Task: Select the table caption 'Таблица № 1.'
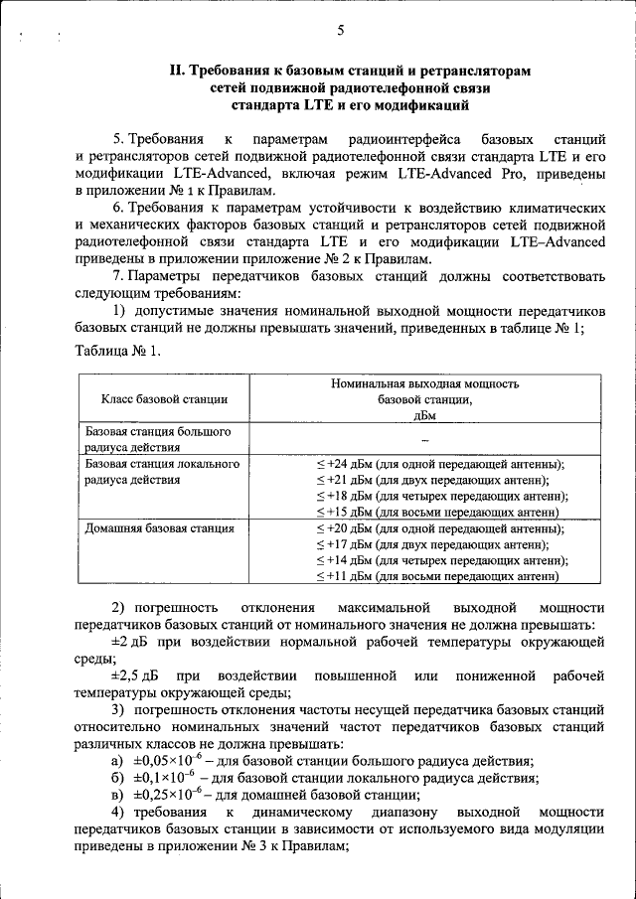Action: (x=116, y=350)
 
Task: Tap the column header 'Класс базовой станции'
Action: (x=164, y=399)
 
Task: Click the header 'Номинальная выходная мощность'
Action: (x=424, y=382)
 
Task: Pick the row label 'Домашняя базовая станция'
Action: (x=159, y=528)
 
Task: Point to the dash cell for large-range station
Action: (x=424, y=439)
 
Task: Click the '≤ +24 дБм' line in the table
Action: (x=438, y=464)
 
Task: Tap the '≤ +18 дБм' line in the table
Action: (x=440, y=496)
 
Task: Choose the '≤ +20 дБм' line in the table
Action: (x=438, y=528)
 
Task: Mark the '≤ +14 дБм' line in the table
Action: (x=440, y=560)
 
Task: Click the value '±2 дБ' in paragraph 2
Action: (x=130, y=642)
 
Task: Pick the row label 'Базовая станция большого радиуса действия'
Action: (x=159, y=439)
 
